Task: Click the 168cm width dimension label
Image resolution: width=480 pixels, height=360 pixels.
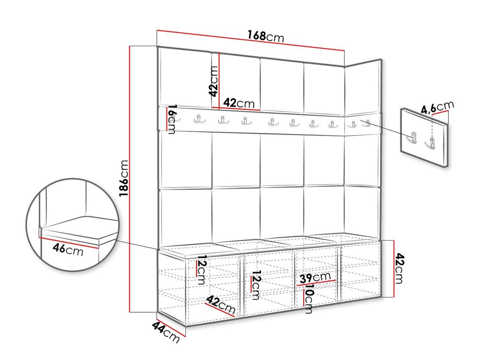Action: tap(266, 36)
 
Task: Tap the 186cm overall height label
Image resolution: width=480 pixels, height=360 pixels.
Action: tap(124, 178)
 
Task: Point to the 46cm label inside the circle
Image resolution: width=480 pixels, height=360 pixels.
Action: tap(68, 249)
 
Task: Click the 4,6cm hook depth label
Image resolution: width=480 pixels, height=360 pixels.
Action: tap(437, 108)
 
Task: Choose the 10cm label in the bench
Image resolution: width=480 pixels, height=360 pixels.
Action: tap(309, 298)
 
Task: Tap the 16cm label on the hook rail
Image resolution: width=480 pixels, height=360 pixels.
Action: tap(172, 119)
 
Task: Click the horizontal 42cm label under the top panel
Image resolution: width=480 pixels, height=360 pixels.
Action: tap(239, 103)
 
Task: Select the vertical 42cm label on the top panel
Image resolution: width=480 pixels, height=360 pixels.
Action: tap(213, 81)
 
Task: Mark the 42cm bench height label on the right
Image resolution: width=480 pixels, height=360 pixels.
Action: tap(399, 268)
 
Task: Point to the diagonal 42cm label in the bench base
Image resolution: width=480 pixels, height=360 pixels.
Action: tap(221, 304)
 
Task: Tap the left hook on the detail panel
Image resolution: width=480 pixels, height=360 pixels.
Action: tap(412, 138)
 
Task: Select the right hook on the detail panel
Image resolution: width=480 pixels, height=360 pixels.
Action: tap(430, 143)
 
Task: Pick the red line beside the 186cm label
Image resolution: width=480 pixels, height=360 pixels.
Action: tap(130, 179)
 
